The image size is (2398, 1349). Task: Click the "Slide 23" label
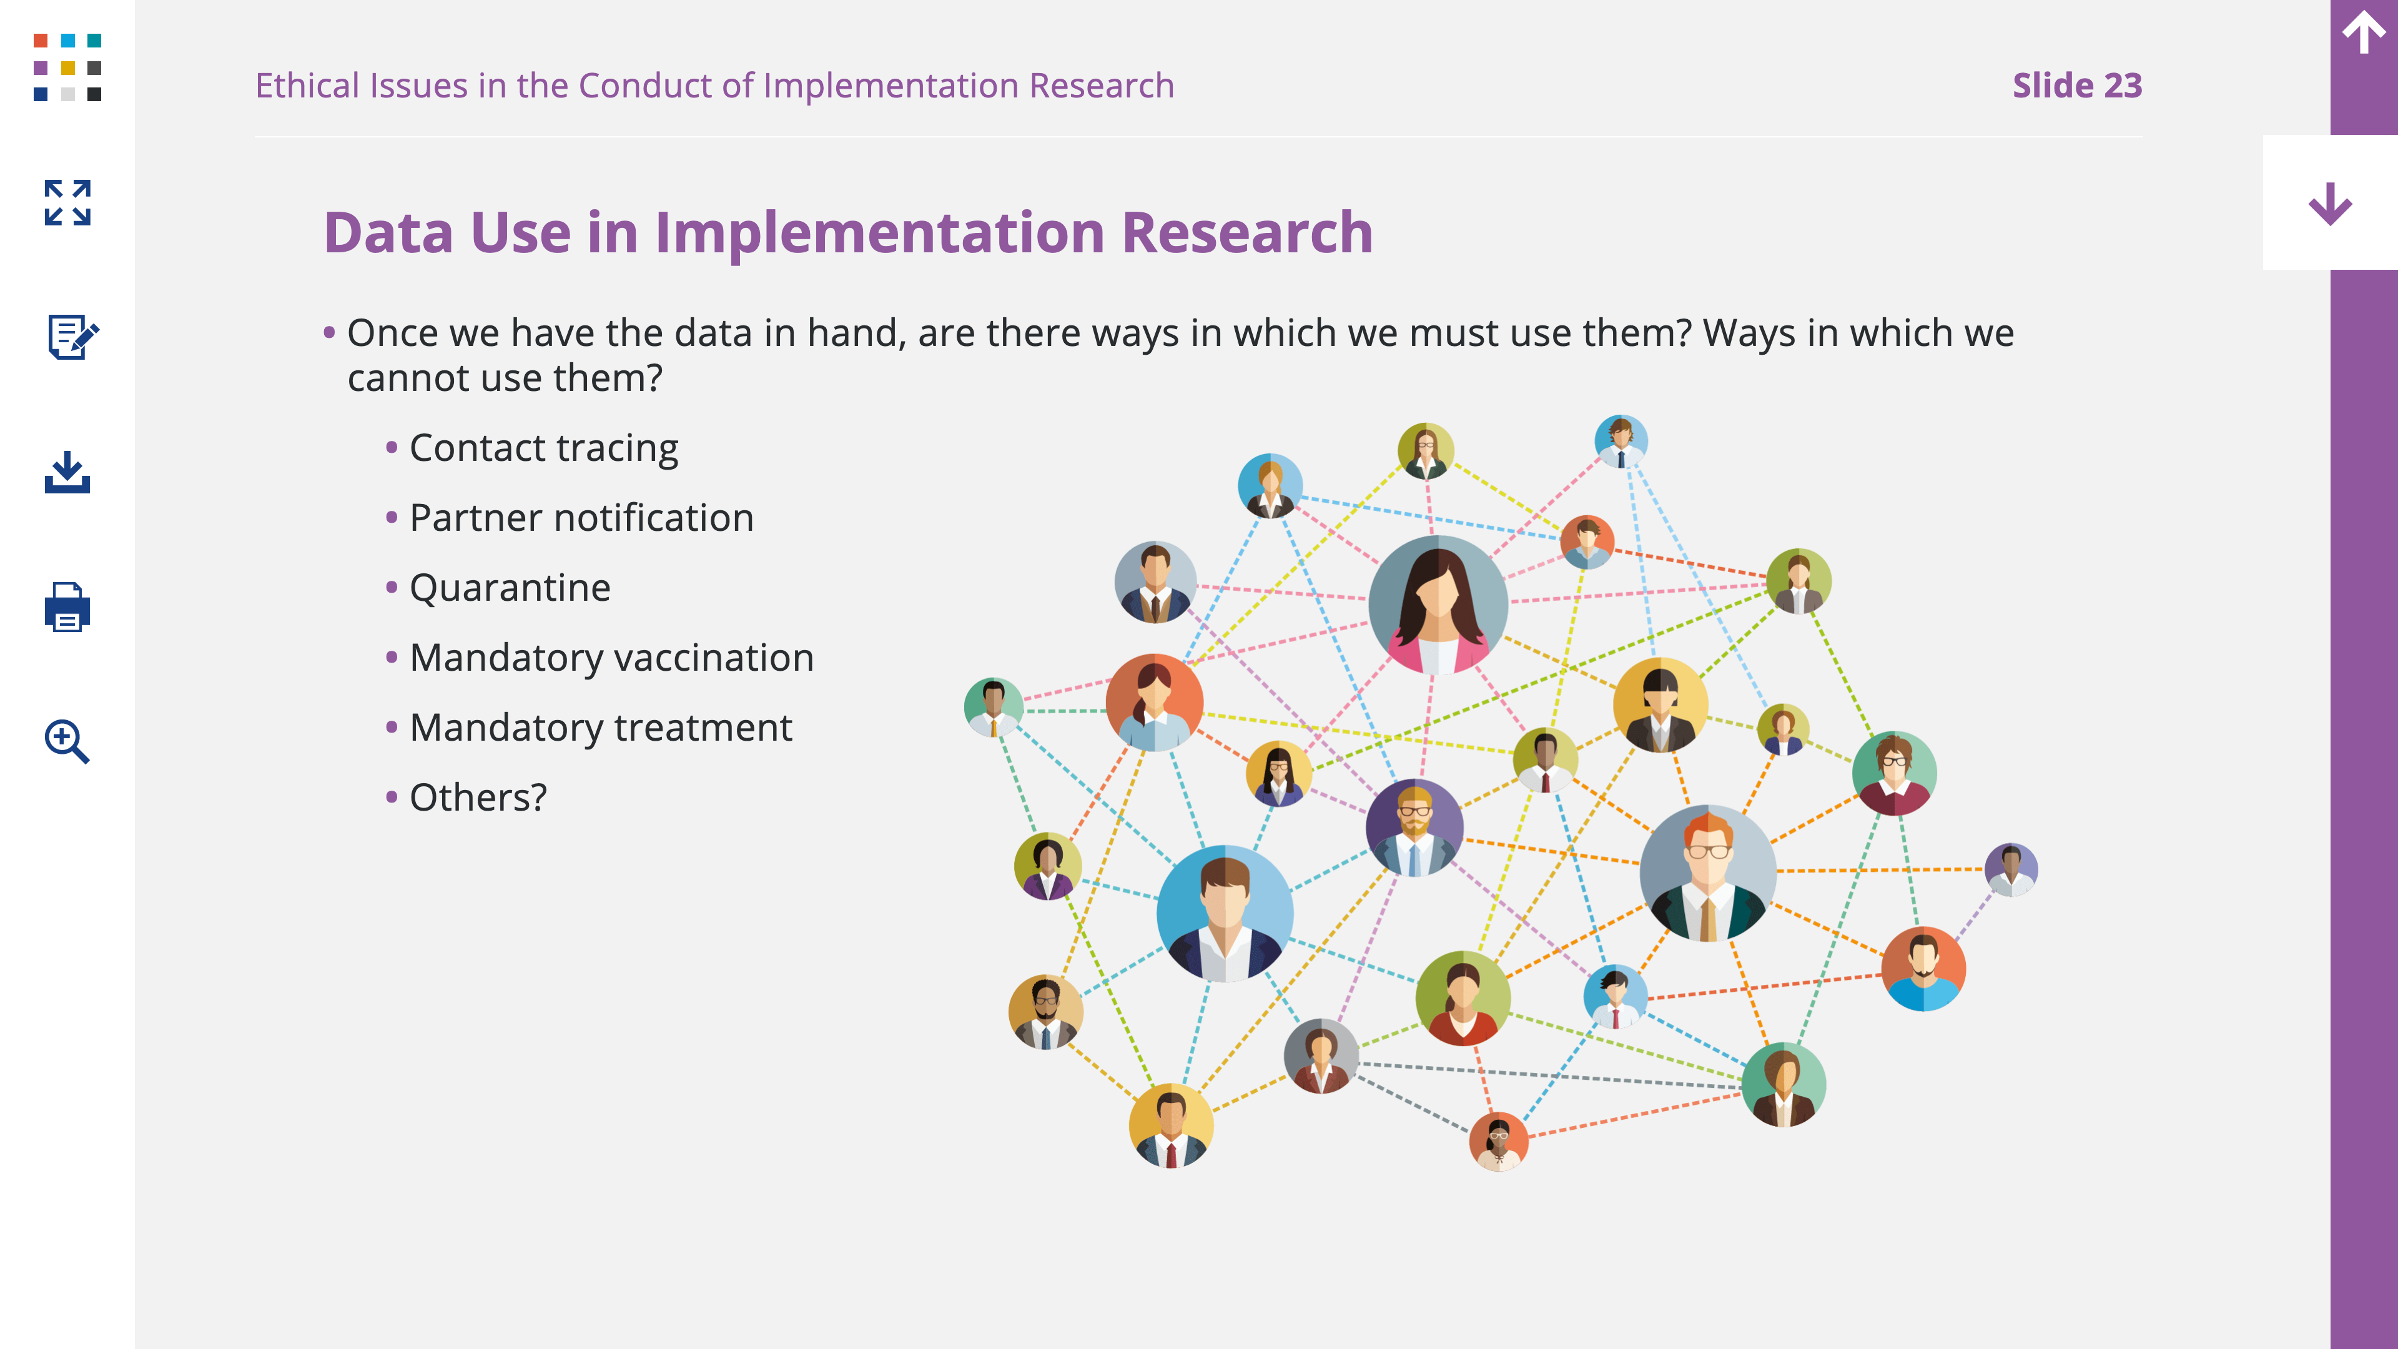2077,86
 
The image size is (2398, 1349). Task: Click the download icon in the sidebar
67,472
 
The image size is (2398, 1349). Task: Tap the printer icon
67,607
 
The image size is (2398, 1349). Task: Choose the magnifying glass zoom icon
67,741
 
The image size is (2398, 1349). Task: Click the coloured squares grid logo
67,67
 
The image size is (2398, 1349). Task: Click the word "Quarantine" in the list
510,588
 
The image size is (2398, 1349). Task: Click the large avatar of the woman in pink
1438,605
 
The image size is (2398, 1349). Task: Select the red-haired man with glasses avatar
1708,873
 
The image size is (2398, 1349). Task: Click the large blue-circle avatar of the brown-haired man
1225,913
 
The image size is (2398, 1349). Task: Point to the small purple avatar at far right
2011,869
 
